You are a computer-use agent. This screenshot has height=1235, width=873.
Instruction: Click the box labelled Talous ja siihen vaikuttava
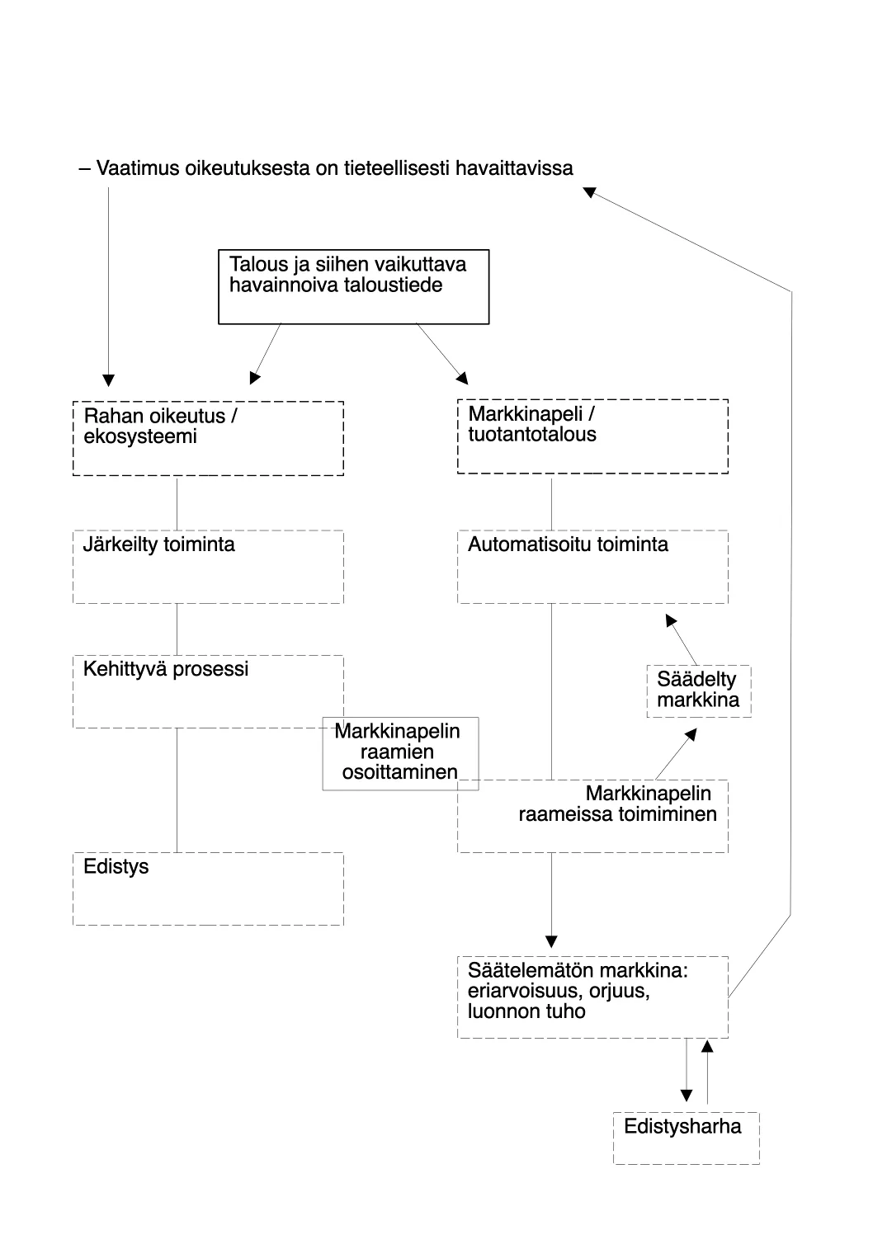353,286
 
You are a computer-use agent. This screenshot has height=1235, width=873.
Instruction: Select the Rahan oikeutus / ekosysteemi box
208,438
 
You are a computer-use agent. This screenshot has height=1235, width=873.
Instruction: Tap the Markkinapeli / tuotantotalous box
592,436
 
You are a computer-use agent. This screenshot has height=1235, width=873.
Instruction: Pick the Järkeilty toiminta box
208,567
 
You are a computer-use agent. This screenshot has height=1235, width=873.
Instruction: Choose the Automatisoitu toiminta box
592,567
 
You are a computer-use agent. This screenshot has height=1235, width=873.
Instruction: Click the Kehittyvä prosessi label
166,669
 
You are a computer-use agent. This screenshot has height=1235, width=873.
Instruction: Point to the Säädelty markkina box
698,691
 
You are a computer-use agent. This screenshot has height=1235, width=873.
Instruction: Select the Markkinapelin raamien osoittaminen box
400,753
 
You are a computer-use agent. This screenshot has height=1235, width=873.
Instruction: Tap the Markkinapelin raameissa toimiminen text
617,804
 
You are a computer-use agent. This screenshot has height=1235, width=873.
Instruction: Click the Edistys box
208,889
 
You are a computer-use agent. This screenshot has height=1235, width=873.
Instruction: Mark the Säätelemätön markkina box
592,997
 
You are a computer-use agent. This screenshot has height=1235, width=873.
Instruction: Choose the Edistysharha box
686,1138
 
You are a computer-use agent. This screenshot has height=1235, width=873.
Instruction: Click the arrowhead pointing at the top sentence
589,192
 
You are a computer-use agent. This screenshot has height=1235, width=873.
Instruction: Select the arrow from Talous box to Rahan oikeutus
266,353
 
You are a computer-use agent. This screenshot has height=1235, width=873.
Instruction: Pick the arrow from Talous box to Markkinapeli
441,353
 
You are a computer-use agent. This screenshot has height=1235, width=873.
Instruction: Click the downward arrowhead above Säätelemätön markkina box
552,941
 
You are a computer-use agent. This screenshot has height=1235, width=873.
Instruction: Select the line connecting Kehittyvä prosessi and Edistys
177,790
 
